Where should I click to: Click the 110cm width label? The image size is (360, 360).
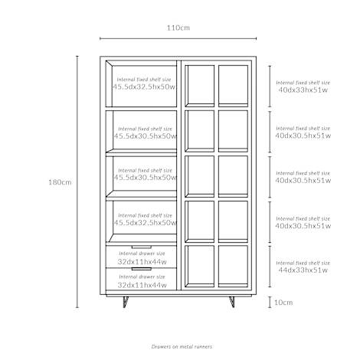pos(178,28)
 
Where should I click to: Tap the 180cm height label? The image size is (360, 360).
pos(60,182)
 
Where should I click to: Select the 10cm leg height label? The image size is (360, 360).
pos(283,303)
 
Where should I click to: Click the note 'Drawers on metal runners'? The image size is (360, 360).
pos(182,346)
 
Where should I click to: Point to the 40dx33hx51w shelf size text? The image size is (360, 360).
pos(303,90)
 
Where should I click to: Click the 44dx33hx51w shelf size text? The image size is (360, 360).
pos(303,270)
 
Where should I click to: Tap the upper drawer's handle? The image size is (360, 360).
pos(142,247)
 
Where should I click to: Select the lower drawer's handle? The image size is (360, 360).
pos(142,269)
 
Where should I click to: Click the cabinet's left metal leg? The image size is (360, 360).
pos(125,302)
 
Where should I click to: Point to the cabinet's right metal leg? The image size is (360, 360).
pos(231,302)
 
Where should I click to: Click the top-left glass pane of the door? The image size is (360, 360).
pos(200,86)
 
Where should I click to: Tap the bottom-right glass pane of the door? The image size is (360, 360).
pos(233,266)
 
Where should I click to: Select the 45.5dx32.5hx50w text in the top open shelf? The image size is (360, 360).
pos(144,87)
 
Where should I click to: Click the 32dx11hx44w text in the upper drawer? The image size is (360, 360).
pos(142,262)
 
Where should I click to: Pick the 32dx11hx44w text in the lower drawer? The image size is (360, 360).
pos(142,285)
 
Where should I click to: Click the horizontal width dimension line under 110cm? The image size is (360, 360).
pos(178,38)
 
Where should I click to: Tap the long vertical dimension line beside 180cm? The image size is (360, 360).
pos(77,182)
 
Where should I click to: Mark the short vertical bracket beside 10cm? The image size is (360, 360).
pos(270,302)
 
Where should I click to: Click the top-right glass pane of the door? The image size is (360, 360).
pos(233,86)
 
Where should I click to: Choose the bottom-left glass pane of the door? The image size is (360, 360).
pos(200,266)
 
